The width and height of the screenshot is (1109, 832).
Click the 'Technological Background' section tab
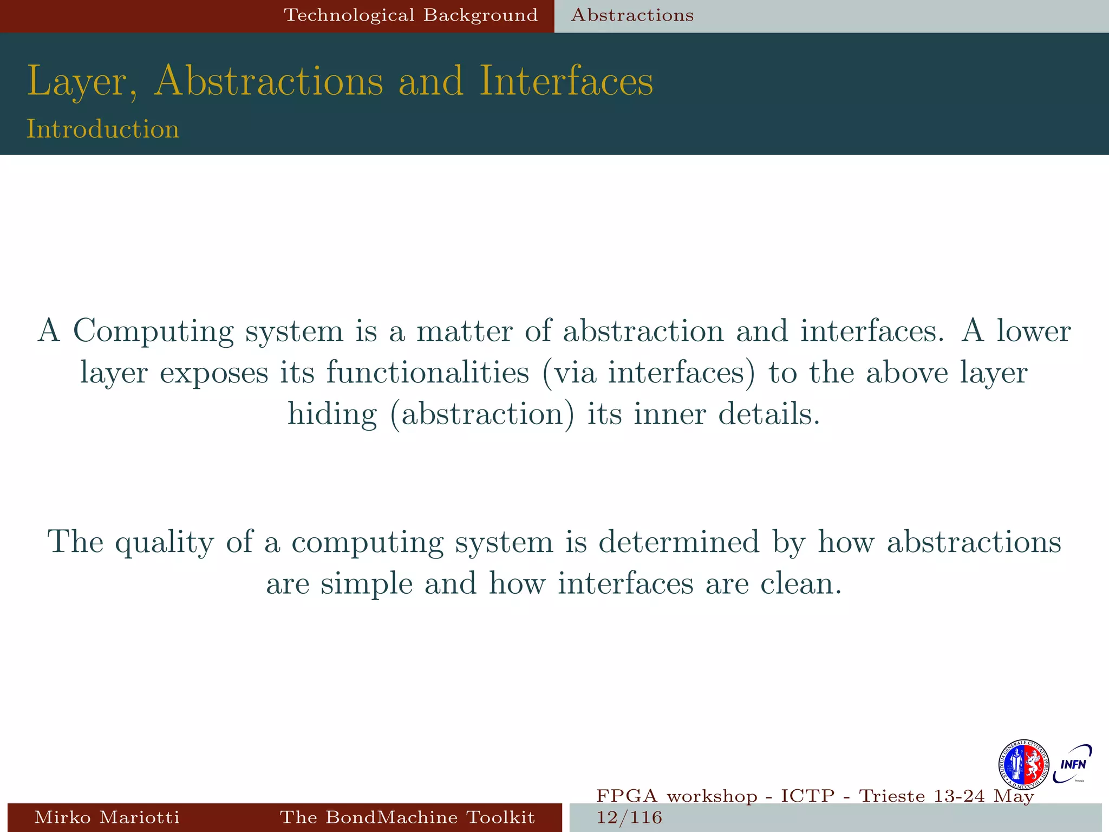click(411, 15)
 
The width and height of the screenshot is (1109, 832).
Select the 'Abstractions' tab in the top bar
click(632, 15)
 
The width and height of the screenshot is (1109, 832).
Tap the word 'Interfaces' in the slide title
click(566, 81)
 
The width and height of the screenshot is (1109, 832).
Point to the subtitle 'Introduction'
click(103, 129)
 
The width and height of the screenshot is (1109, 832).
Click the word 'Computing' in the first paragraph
click(153, 331)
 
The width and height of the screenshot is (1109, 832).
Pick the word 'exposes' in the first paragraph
click(214, 373)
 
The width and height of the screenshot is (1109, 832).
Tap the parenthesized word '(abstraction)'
click(482, 414)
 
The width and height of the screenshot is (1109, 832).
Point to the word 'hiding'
click(332, 414)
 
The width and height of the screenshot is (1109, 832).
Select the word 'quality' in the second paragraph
click(165, 542)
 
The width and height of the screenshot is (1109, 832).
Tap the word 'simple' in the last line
click(367, 584)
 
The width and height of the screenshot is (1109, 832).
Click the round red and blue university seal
click(1023, 765)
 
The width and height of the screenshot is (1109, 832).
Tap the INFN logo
click(1073, 764)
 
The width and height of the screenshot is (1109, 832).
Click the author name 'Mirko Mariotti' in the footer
click(107, 817)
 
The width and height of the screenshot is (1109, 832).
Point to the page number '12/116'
click(629, 817)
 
